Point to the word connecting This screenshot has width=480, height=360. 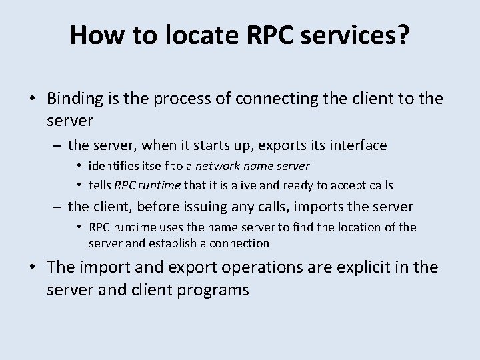click(276, 99)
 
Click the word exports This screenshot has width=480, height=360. click(282, 145)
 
